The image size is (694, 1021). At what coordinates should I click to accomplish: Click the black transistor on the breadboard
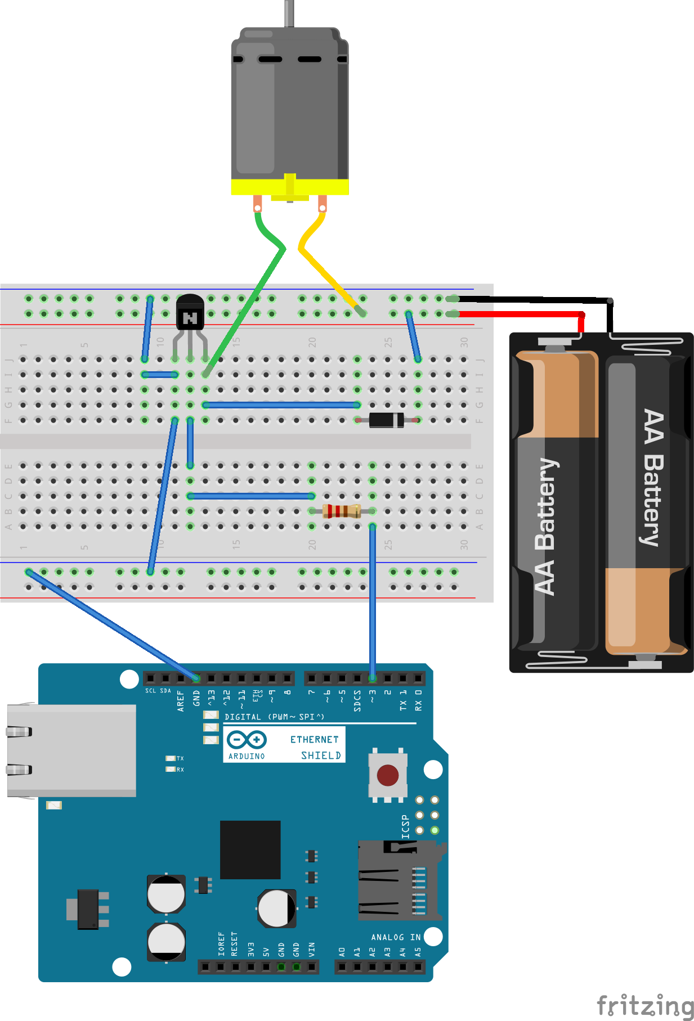tap(190, 314)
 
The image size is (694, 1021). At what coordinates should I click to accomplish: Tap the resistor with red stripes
tap(342, 511)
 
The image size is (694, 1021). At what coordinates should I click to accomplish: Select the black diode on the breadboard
tap(386, 420)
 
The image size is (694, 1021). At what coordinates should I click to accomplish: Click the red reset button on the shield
tap(387, 775)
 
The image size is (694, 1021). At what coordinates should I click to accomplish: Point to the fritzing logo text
tap(644, 1005)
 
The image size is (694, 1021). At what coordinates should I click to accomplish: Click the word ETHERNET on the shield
tap(314, 739)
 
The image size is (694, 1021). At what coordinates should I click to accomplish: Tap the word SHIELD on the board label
tap(321, 755)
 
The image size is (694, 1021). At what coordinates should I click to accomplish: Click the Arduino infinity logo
tap(247, 740)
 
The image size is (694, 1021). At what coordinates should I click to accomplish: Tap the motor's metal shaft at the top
tap(289, 13)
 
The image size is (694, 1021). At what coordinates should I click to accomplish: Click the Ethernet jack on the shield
tap(70, 750)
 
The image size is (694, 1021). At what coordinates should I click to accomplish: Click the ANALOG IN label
tap(396, 937)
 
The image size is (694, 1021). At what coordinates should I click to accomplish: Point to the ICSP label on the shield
tap(405, 827)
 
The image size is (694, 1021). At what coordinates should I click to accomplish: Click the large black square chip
tap(250, 849)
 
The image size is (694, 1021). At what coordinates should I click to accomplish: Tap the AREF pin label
tap(181, 701)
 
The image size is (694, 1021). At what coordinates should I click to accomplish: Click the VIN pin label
tap(311, 949)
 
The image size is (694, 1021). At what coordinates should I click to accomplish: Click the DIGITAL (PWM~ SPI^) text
tap(274, 717)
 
